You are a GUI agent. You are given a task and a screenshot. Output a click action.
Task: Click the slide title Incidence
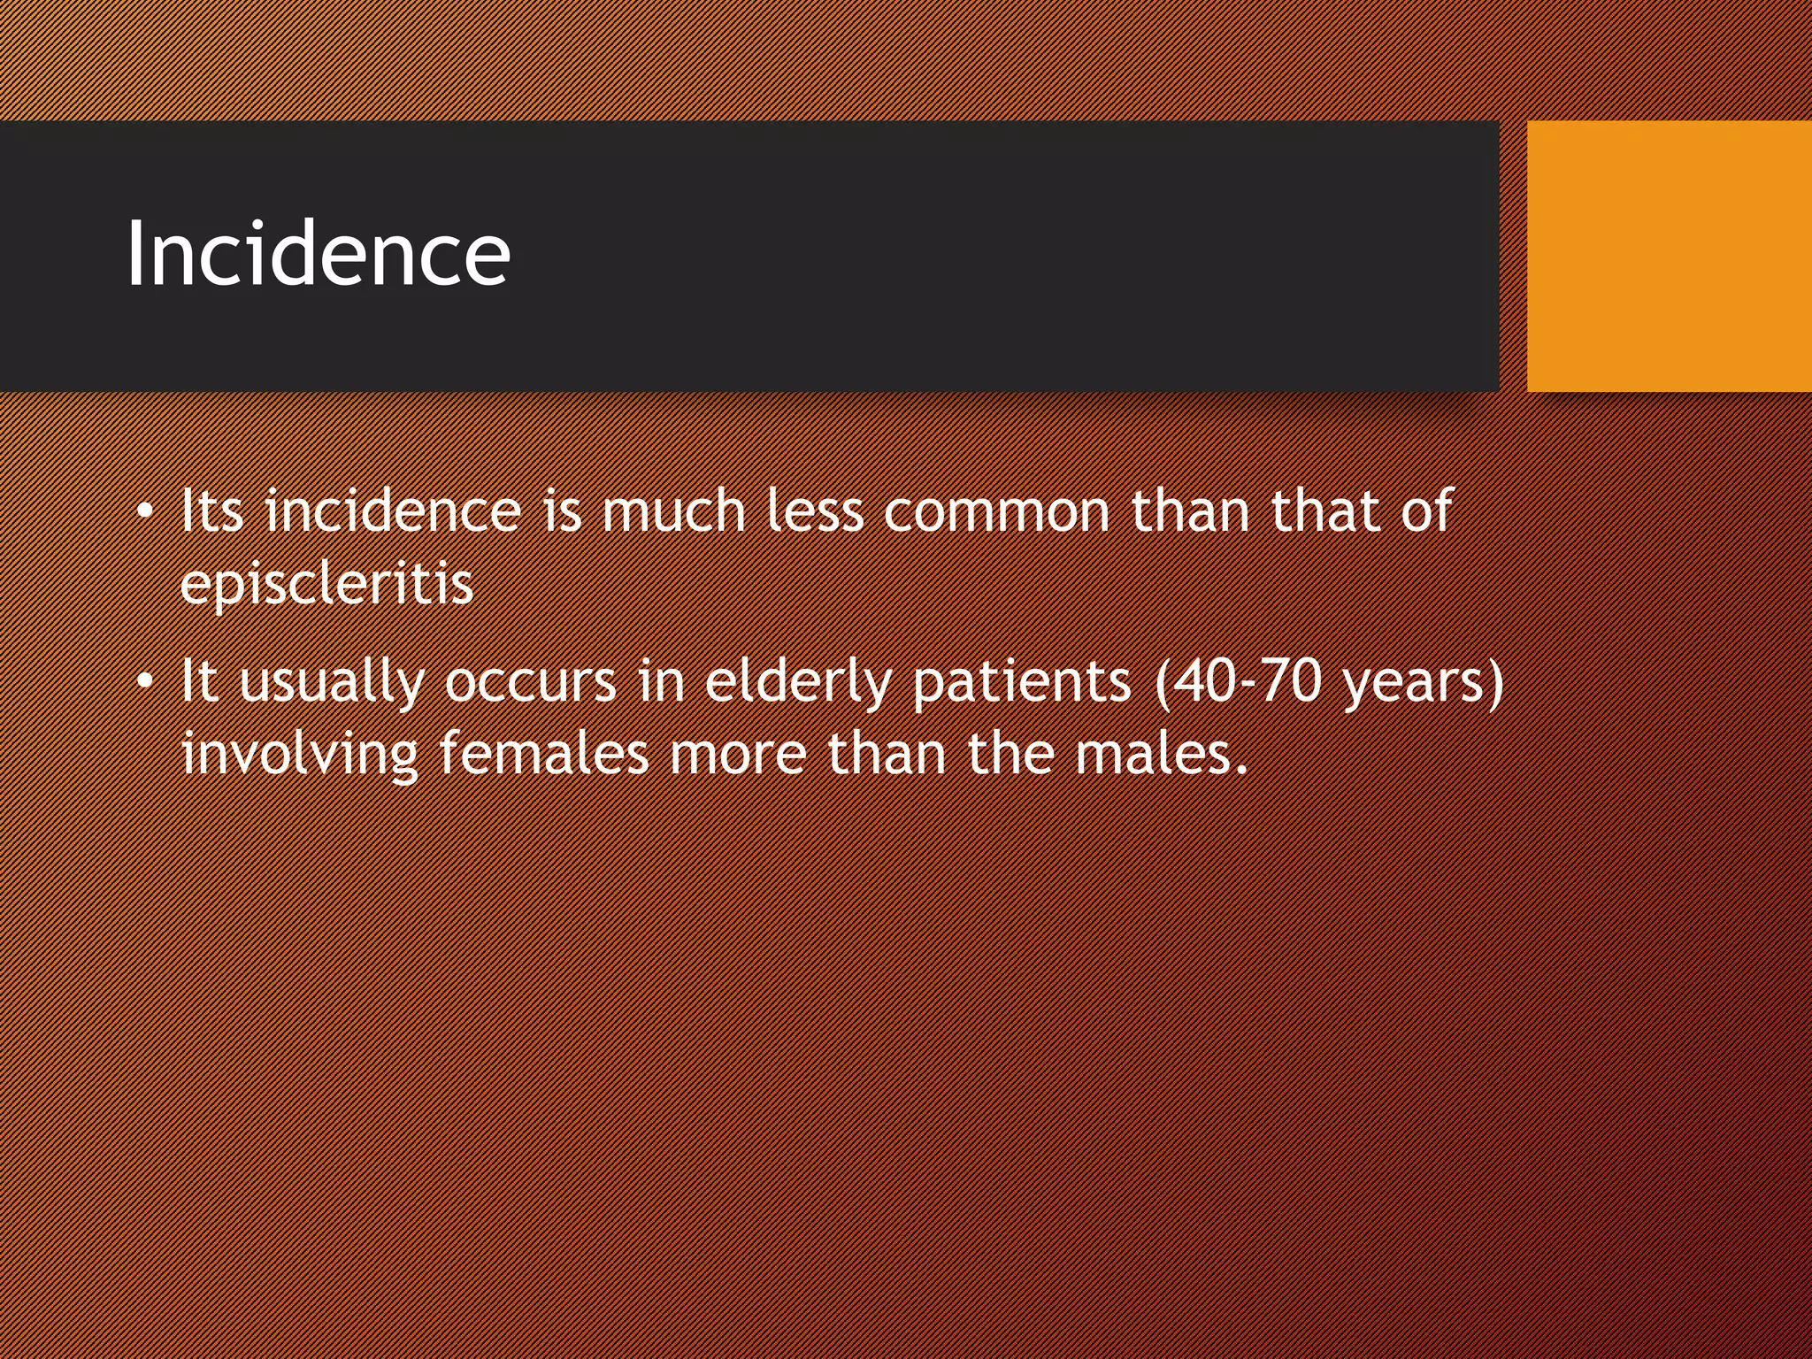pos(318,254)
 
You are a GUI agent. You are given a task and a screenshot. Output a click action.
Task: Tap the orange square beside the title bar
pos(1669,256)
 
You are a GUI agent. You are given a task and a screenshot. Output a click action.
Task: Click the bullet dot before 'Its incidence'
pos(145,512)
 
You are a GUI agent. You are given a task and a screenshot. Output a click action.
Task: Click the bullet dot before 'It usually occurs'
pos(145,682)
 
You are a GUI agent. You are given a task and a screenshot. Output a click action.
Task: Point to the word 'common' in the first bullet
pos(996,512)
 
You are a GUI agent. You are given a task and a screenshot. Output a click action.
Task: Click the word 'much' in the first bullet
pos(674,512)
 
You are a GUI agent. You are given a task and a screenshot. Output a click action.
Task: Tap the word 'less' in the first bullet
pos(814,512)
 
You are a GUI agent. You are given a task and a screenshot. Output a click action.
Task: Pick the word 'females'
pos(544,755)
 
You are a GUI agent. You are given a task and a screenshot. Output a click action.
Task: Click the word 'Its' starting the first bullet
pos(211,512)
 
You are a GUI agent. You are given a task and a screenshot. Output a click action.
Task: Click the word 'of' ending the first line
pos(1425,512)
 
